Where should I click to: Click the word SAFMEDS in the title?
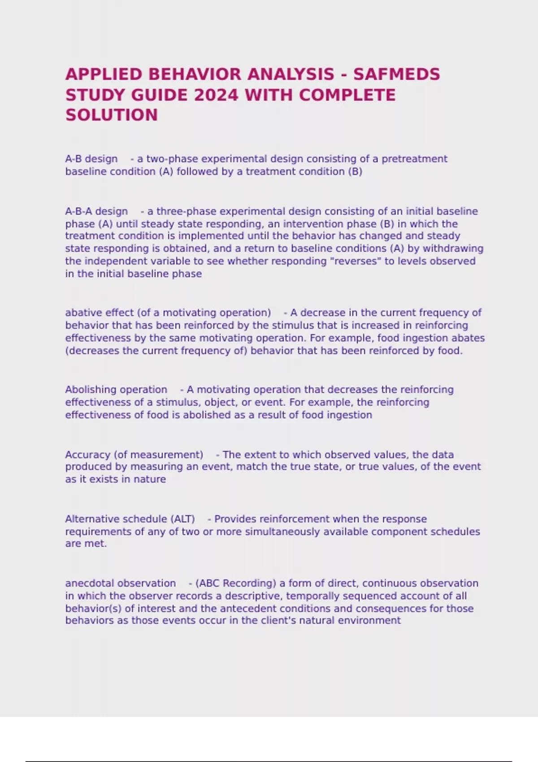[396, 74]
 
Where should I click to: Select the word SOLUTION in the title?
[112, 115]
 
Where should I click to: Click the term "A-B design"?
[91, 159]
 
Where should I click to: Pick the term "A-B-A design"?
[96, 211]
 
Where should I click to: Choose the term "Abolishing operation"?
[116, 390]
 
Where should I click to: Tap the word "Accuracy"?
[87, 455]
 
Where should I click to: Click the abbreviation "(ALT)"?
[182, 519]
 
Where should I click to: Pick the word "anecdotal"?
[89, 584]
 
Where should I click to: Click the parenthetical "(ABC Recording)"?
[236, 584]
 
